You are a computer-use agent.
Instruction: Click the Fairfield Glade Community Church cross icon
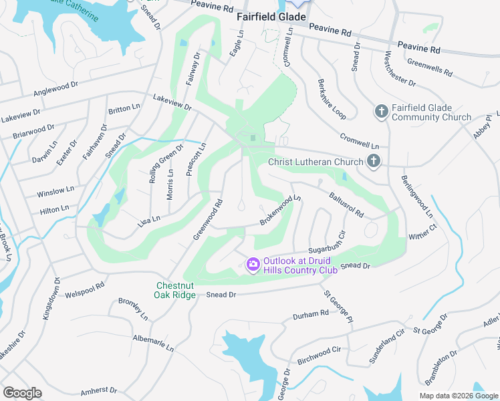point(382,111)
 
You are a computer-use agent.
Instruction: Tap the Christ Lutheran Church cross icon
point(374,161)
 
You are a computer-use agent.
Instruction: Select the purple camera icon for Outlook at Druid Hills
point(253,265)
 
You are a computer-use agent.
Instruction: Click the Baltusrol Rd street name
point(346,205)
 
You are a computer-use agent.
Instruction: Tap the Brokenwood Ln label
point(281,210)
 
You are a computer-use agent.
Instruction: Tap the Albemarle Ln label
point(154,344)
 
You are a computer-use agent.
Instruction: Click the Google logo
point(22,393)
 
